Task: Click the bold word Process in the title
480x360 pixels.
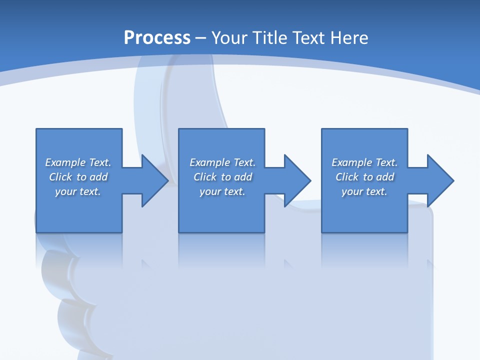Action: click(157, 38)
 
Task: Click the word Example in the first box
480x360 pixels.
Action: click(65, 162)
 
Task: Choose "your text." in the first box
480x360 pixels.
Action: click(78, 191)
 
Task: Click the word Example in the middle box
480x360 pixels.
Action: click(210, 162)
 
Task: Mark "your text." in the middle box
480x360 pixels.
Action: click(222, 191)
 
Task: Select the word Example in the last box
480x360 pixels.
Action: click(352, 162)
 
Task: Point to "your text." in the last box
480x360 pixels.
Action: click(364, 191)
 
